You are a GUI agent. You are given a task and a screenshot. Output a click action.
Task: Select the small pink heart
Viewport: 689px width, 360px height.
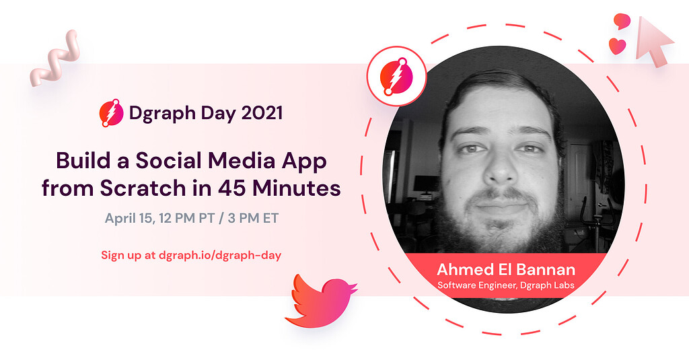click(x=617, y=46)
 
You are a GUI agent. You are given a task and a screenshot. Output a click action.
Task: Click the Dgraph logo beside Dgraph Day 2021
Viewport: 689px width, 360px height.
click(x=111, y=112)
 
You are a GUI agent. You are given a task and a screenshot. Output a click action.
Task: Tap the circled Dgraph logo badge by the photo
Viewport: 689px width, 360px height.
click(x=396, y=76)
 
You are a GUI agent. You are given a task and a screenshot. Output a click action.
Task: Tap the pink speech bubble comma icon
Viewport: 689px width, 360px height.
click(x=622, y=21)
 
